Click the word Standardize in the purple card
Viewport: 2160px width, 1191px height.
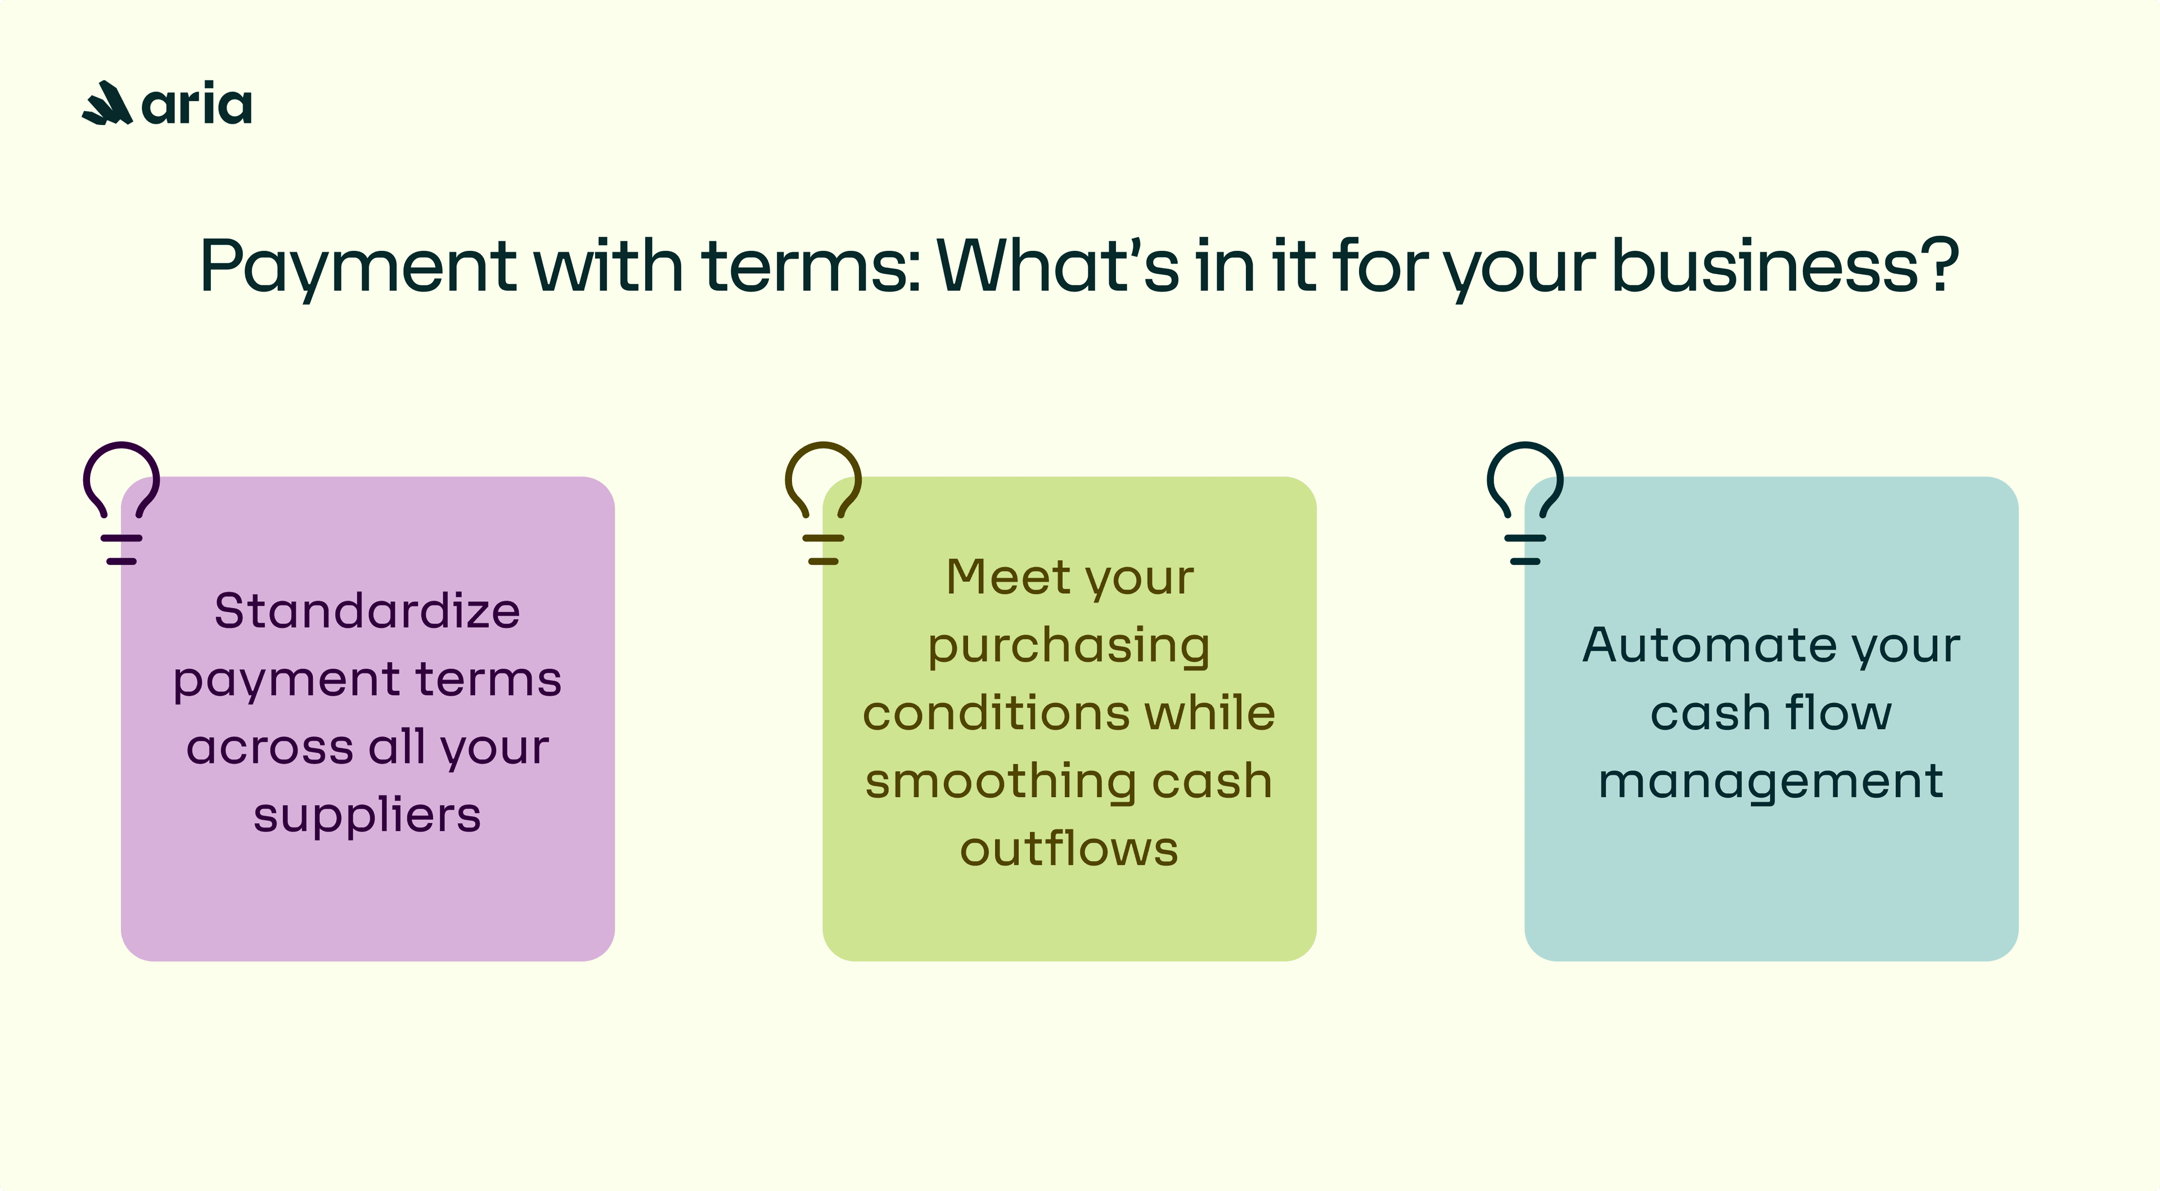pos(367,610)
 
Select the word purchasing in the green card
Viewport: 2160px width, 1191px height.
pos(1069,646)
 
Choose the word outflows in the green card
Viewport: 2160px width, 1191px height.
pos(1069,849)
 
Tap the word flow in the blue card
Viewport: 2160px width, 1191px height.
pos(1838,713)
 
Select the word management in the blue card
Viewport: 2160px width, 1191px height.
pos(1771,781)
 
